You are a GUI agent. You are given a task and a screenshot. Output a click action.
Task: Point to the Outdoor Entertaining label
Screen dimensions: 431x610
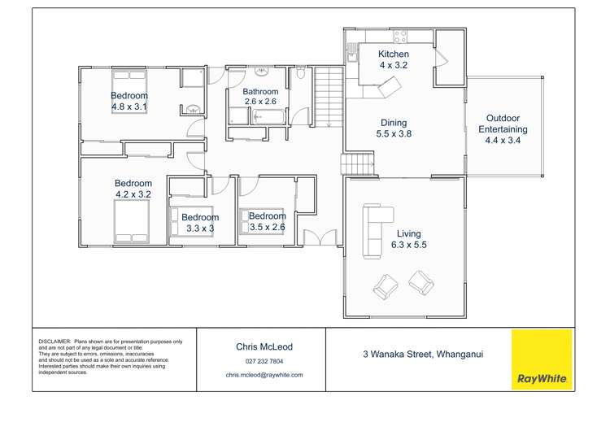[502, 124]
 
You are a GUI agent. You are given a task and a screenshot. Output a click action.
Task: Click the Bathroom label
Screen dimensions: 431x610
[260, 92]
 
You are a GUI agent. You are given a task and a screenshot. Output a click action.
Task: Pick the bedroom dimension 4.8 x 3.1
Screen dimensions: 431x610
[129, 107]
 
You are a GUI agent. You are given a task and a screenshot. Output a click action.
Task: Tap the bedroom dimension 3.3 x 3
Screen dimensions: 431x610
[200, 229]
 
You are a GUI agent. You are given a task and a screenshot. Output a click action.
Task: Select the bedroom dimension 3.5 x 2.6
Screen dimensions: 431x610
[267, 228]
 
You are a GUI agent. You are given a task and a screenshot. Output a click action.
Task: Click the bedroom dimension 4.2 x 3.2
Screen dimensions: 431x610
[133, 194]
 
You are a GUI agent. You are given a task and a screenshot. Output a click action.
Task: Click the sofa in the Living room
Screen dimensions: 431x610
[377, 229]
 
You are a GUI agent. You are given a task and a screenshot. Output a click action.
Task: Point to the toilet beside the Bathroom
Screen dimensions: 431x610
[300, 75]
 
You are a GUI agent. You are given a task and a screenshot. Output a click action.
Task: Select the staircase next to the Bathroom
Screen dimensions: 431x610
[329, 97]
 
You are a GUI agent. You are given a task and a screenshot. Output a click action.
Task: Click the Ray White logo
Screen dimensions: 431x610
[541, 359]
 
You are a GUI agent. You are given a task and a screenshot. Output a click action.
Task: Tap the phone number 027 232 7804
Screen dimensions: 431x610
[264, 362]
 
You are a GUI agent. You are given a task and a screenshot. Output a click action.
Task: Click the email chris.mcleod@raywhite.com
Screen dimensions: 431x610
[264, 375]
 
